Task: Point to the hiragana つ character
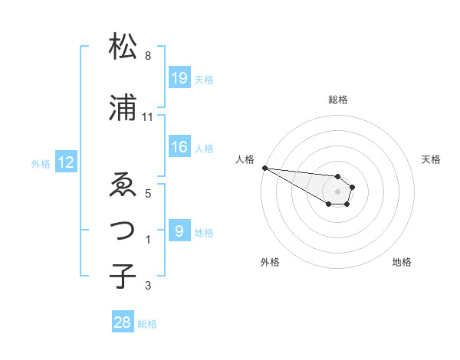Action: tap(123, 228)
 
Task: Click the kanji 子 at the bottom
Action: tap(123, 275)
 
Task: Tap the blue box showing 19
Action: tap(179, 78)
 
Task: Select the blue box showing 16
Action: tap(179, 148)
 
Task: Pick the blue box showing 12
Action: tap(65, 162)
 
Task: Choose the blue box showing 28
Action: tap(123, 323)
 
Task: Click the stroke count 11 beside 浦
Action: tap(148, 117)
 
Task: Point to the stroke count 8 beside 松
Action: tap(148, 56)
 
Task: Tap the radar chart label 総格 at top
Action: tap(338, 100)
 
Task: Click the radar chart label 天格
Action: tap(432, 159)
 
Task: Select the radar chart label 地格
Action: tap(402, 262)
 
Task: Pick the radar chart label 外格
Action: tap(270, 262)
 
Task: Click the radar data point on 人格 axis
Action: tap(264, 168)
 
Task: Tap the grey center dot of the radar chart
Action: tap(337, 191)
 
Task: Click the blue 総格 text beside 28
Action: tap(147, 324)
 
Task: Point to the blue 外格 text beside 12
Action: tap(41, 163)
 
